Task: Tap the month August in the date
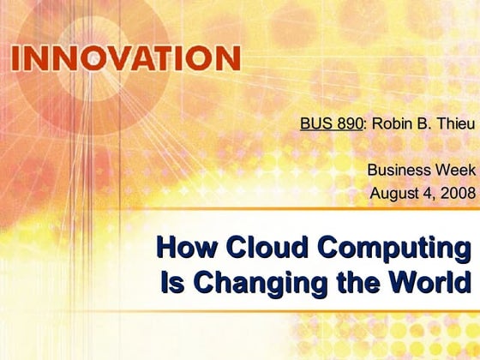(x=394, y=192)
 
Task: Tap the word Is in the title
(x=170, y=281)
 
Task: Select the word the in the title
(x=350, y=281)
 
